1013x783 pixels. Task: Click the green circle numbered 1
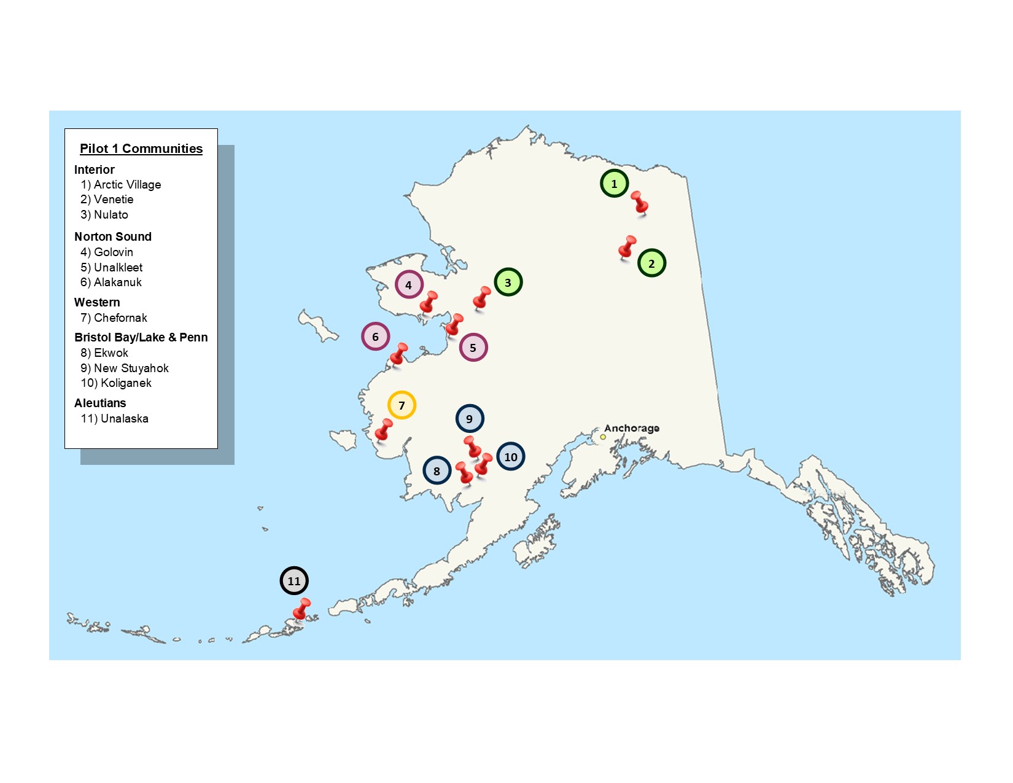pos(614,183)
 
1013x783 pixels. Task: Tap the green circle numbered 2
pos(651,263)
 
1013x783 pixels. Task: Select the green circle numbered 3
pos(508,282)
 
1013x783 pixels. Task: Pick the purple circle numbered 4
pos(409,285)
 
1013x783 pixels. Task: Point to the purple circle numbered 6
pos(375,337)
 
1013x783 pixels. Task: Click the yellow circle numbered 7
pos(402,405)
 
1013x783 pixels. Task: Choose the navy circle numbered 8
pos(437,472)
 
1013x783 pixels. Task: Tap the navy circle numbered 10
pos(510,457)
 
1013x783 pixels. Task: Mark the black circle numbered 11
pos(294,581)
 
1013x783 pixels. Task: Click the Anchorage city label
pos(632,428)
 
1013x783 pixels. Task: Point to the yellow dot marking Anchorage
pos(603,437)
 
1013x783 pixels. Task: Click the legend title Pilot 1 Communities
pos(141,149)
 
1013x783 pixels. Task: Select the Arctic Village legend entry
pos(121,185)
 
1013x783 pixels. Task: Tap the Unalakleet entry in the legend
pos(112,268)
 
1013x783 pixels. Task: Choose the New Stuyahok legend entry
pos(125,368)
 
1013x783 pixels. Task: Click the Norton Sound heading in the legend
pos(113,237)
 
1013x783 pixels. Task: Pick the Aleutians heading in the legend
pos(100,403)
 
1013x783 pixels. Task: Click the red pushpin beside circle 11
pos(301,610)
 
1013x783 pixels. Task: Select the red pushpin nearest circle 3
pos(482,298)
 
